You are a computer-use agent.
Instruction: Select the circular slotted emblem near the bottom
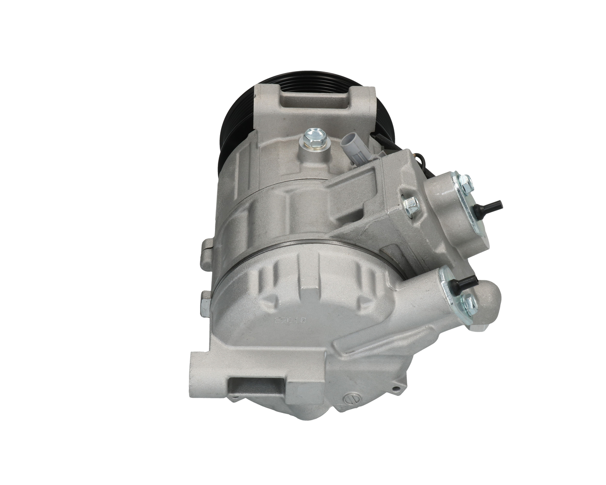353,395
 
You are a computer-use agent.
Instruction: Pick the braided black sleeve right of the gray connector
379,137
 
